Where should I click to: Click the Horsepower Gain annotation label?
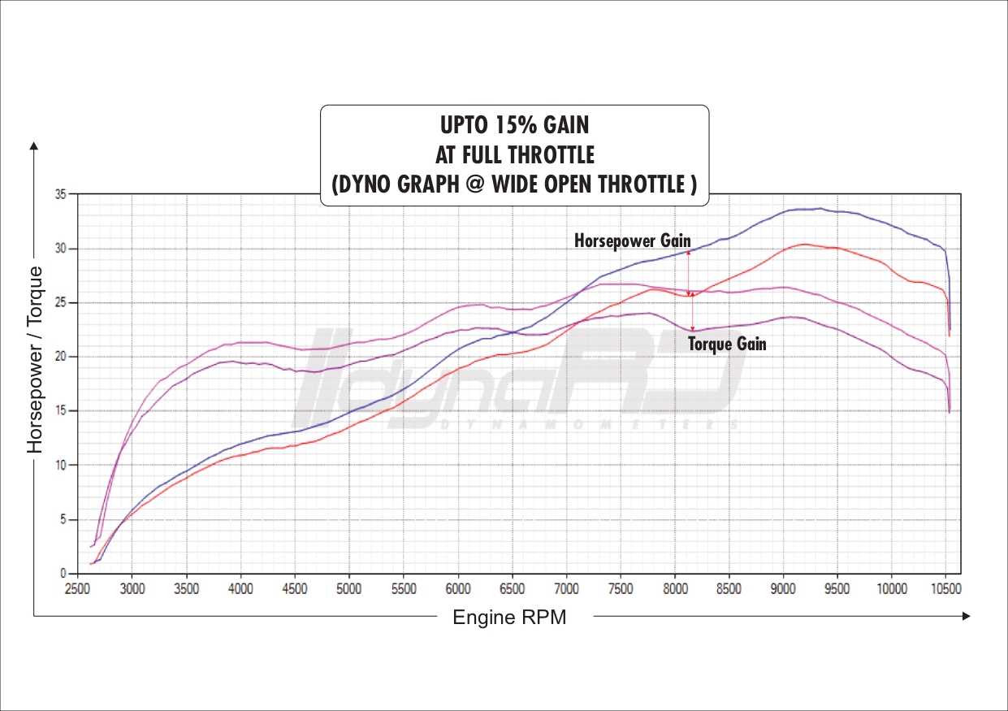tap(632, 241)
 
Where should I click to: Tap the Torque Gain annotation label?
tap(727, 344)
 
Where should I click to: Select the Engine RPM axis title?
tap(509, 618)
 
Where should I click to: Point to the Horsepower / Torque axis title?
tap(35, 360)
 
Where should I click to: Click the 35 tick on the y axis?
tap(61, 194)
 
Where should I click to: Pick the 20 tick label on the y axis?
tap(61, 357)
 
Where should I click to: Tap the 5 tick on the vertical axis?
tap(63, 519)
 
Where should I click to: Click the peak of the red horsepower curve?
tap(804, 244)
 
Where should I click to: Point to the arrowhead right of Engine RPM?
tap(966, 617)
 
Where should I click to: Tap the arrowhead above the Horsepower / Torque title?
tap(34, 147)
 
